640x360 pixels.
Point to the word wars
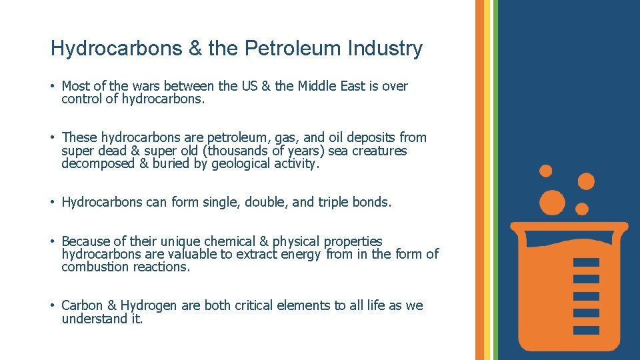point(142,86)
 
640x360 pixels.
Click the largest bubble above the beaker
point(552,202)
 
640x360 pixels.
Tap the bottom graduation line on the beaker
point(586,329)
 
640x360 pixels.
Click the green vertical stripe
point(495,180)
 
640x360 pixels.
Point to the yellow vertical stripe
point(487,180)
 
